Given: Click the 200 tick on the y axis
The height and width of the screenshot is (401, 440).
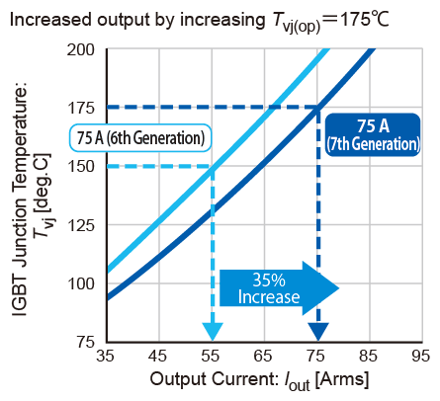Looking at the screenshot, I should tap(83, 49).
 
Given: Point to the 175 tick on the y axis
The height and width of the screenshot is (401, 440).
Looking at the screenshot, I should tap(83, 108).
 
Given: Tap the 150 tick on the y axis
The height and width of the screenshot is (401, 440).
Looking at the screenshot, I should tap(83, 166).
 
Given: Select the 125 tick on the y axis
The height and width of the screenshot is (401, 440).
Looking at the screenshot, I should tap(83, 224).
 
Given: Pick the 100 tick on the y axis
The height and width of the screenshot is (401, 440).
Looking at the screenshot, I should tap(83, 282).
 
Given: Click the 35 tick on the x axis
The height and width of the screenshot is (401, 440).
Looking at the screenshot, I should tap(105, 355).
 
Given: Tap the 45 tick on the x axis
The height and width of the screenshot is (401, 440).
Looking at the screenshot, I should tap(158, 355).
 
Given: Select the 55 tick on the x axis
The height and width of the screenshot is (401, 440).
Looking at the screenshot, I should tap(212, 355).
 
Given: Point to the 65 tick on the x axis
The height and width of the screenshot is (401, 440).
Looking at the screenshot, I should tap(264, 355).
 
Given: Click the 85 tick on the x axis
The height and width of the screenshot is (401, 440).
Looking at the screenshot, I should tap(370, 355).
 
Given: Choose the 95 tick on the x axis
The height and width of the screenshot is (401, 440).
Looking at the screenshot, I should tap(422, 355).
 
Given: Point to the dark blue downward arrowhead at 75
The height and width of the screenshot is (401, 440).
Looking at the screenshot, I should tap(317, 331).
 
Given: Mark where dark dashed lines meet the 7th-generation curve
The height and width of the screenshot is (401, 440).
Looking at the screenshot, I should tap(317, 108).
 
